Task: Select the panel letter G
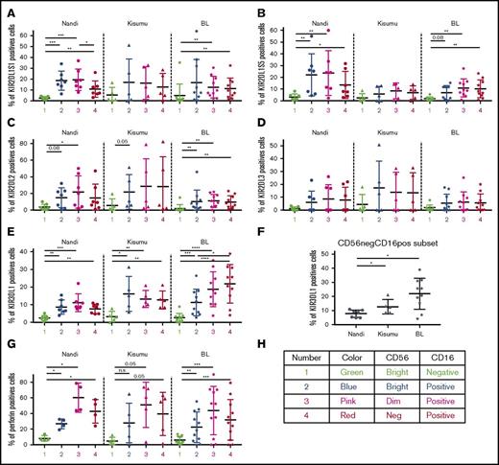(7, 355)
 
